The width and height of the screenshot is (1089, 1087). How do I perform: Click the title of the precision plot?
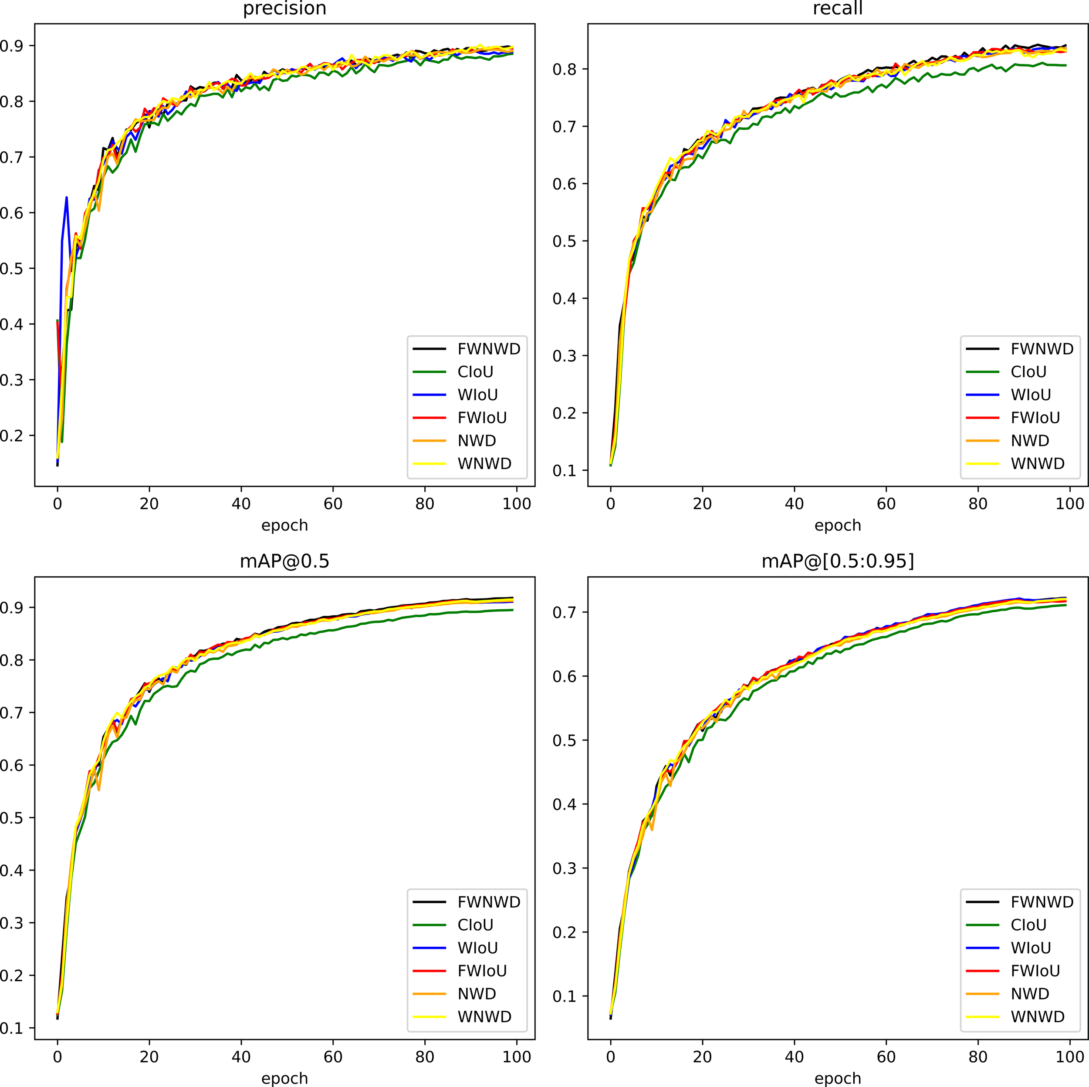pyautogui.click(x=284, y=8)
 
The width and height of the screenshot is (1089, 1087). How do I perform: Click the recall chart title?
pyautogui.click(x=837, y=8)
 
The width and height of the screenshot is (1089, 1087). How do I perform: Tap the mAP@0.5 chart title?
pyautogui.click(x=284, y=561)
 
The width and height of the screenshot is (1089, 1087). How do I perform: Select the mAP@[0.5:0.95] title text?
pyautogui.click(x=837, y=561)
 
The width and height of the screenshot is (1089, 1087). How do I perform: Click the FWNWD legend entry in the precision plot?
pyautogui.click(x=488, y=349)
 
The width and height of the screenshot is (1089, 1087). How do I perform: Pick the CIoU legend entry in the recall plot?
pyautogui.click(x=1028, y=372)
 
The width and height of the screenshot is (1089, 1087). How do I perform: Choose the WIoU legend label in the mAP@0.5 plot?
pyautogui.click(x=477, y=948)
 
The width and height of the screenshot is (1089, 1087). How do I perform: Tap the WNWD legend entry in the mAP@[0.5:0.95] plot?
pyautogui.click(x=1037, y=1016)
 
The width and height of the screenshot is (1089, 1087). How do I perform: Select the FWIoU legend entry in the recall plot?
pyautogui.click(x=1035, y=418)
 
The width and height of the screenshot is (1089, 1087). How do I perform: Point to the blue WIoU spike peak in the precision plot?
pyautogui.click(x=67, y=197)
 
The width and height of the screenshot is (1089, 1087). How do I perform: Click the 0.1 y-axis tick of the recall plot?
pyautogui.click(x=565, y=470)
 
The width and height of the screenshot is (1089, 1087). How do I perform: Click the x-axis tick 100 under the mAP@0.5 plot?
pyautogui.click(x=516, y=1057)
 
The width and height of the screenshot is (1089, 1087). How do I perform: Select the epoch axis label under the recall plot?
pyautogui.click(x=837, y=525)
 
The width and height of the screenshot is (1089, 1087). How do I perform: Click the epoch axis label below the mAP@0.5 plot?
pyautogui.click(x=284, y=1078)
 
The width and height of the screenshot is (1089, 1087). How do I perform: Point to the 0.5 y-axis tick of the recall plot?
pyautogui.click(x=565, y=241)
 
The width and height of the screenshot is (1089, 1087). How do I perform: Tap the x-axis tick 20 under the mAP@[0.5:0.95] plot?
pyautogui.click(x=702, y=1057)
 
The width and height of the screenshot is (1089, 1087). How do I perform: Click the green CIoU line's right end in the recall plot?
pyautogui.click(x=1065, y=65)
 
